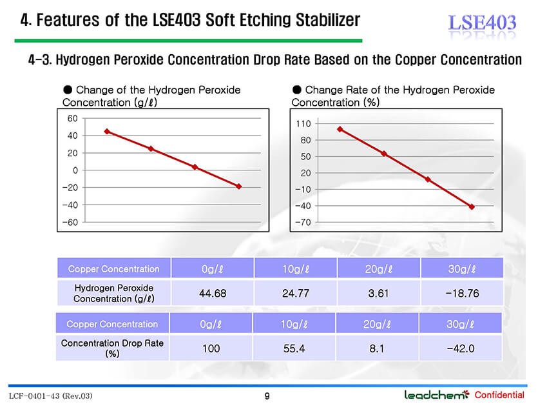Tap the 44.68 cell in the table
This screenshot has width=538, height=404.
tap(213, 293)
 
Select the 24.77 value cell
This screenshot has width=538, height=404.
tap(296, 293)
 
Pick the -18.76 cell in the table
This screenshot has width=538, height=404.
tap(462, 293)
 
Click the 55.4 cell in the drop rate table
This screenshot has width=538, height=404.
tap(294, 348)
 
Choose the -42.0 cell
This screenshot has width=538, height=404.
tap(461, 348)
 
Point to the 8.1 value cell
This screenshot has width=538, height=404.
tap(377, 348)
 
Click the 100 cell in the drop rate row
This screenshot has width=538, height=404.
tap(211, 348)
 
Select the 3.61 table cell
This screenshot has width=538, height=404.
tap(379, 293)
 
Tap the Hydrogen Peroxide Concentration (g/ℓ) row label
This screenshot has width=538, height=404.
tap(113, 293)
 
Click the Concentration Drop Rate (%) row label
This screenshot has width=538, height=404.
tap(112, 348)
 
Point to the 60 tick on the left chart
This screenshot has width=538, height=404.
tap(72, 118)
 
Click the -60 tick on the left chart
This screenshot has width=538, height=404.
tap(70, 223)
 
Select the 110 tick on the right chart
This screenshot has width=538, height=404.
tap(303, 124)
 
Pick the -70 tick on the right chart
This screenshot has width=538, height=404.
tap(302, 222)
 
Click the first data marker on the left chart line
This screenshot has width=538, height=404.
tap(107, 132)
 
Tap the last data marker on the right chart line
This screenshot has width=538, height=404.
tap(472, 207)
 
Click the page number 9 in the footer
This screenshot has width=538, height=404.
tap(267, 396)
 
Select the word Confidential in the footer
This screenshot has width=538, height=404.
tap(499, 395)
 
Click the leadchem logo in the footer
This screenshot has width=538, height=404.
tap(437, 394)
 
